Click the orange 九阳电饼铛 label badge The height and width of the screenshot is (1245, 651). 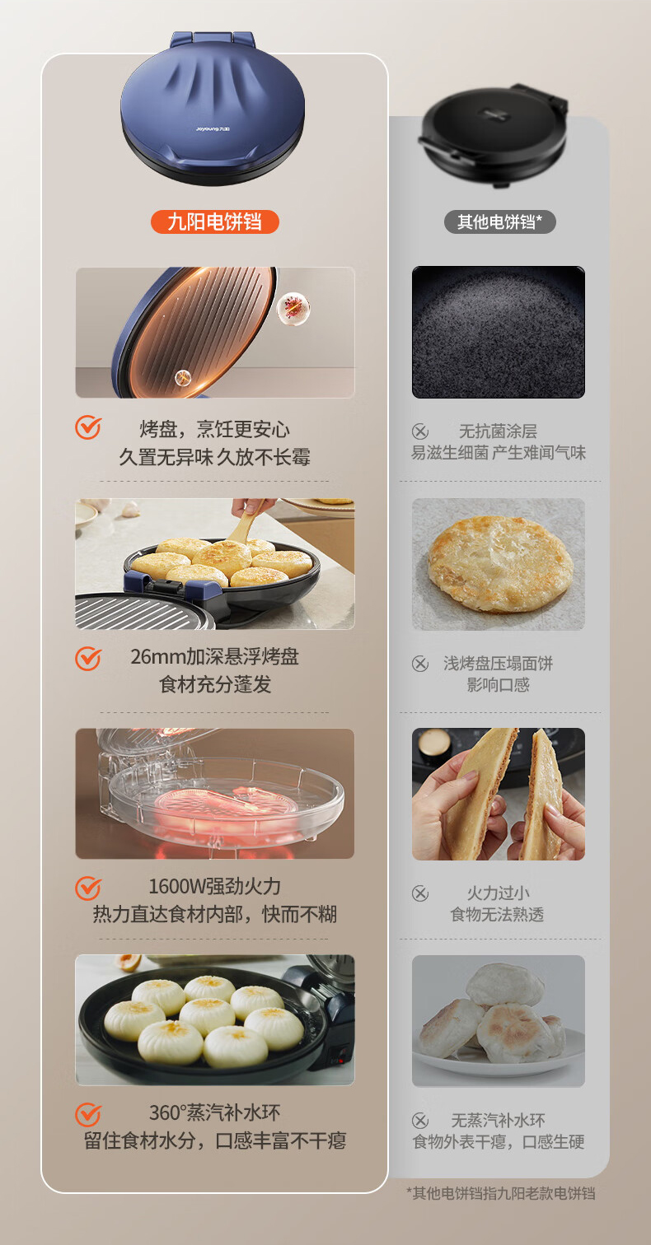coord(214,221)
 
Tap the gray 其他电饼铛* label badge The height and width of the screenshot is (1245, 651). coord(499,221)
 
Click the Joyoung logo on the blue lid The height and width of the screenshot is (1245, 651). coord(213,129)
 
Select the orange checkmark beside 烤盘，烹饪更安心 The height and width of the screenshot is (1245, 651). coord(88,427)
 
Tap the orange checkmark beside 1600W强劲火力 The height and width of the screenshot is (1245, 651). coord(88,888)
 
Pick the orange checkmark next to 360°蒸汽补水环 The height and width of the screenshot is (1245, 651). coord(88,1115)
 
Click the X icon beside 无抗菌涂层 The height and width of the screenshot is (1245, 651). coord(420,431)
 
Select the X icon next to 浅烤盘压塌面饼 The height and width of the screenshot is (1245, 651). coord(420,664)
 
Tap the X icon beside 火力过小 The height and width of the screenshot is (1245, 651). coord(420,893)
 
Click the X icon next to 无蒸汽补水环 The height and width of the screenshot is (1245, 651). coord(420,1121)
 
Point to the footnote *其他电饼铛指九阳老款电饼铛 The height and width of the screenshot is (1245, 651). coord(501,1193)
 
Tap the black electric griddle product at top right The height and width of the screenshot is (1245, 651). coord(493,135)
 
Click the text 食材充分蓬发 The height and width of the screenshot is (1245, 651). coord(215,684)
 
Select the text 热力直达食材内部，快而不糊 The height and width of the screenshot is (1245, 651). coord(215,914)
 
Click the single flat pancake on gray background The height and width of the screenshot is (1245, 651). coord(499,564)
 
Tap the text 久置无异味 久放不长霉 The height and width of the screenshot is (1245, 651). coord(215,457)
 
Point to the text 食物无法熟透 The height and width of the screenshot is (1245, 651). coord(497,914)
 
